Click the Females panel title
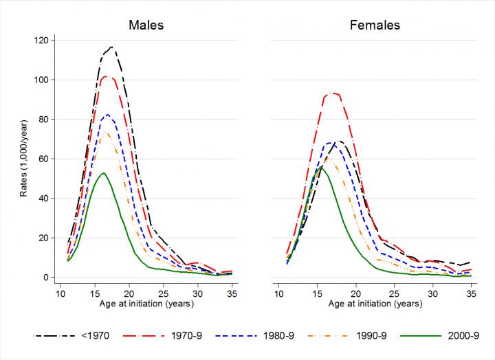pyautogui.click(x=375, y=26)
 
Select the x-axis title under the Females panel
pyautogui.click(x=375, y=304)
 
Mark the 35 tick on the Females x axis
pyautogui.click(x=471, y=293)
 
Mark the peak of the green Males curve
pyautogui.click(x=103, y=173)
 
